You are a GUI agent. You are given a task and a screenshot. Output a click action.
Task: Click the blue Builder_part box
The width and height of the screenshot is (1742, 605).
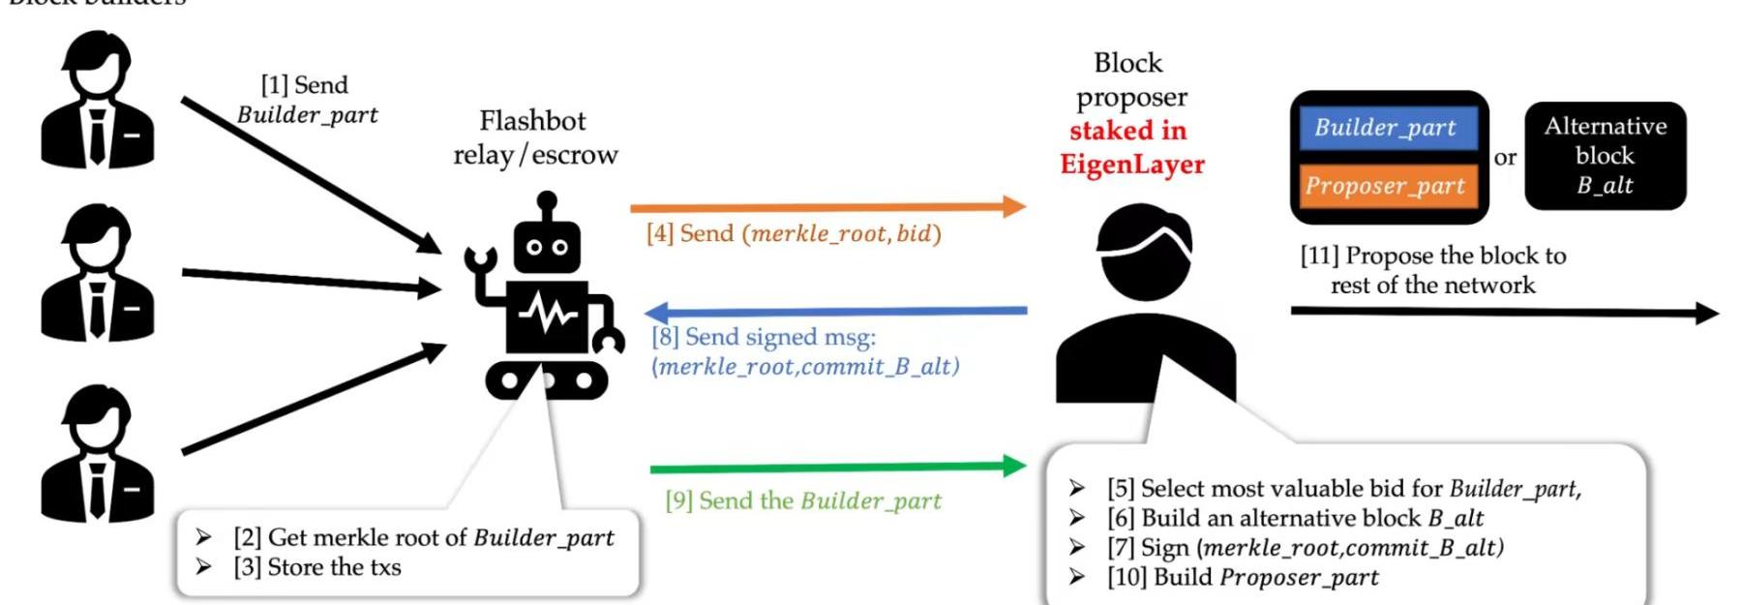point(1385,128)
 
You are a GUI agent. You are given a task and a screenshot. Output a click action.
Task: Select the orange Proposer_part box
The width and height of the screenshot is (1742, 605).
point(1385,185)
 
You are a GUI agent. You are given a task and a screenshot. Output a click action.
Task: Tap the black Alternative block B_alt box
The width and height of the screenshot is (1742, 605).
point(1605,155)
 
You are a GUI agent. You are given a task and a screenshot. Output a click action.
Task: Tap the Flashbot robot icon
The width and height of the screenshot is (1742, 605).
point(545,300)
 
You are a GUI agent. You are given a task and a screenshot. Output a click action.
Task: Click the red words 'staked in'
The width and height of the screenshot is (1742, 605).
point(1127,131)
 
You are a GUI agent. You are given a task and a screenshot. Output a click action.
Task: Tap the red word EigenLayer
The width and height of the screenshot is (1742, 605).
point(1131,165)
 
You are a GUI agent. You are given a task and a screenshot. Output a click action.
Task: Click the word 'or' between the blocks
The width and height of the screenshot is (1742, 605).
point(1505,158)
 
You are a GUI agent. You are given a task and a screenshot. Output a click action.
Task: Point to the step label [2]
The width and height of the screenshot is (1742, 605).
point(248,537)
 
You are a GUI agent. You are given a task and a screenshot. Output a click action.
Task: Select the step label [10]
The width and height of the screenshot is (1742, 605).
point(1126,578)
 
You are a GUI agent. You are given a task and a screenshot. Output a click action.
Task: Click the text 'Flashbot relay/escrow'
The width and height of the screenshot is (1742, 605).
point(534,137)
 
